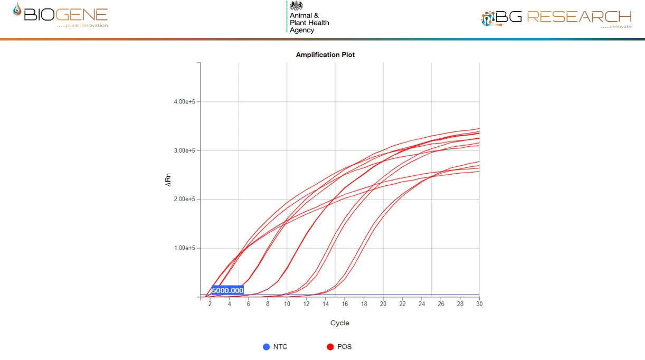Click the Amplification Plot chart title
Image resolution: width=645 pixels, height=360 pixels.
[325, 55]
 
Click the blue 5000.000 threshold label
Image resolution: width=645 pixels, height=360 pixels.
[227, 290]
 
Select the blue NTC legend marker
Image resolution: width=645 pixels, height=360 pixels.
[267, 347]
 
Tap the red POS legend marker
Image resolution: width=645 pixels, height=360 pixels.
[330, 347]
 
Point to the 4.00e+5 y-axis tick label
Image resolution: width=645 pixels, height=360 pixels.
[185, 102]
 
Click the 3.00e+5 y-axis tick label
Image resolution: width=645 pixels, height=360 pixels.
[185, 150]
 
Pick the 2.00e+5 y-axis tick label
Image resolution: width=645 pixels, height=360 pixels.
[185, 199]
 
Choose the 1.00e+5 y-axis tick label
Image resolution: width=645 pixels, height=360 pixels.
[185, 248]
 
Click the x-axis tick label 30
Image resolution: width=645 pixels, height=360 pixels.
[479, 304]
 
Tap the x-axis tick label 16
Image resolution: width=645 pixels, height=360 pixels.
[345, 304]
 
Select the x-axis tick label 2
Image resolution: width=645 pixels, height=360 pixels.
[210, 304]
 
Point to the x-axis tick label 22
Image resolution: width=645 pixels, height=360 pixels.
[402, 304]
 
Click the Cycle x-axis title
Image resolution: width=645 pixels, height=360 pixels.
[339, 323]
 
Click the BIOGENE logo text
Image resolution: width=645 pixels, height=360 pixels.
[66, 14]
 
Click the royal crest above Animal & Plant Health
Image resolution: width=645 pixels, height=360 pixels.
[297, 6]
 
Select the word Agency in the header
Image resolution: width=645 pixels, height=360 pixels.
[302, 30]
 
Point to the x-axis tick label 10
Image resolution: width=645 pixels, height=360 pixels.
[287, 304]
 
